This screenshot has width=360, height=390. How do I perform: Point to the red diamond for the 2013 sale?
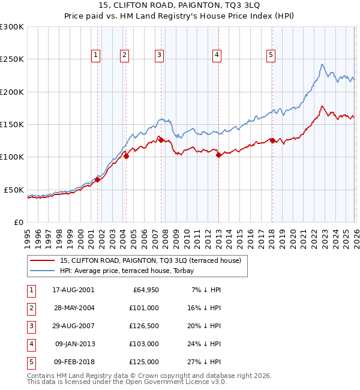218,155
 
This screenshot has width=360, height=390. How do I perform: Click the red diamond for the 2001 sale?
97,179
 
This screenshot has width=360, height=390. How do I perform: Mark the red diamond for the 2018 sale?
272,141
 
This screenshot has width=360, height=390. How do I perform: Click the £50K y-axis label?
14,190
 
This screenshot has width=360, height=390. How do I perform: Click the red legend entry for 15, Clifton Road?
150,260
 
